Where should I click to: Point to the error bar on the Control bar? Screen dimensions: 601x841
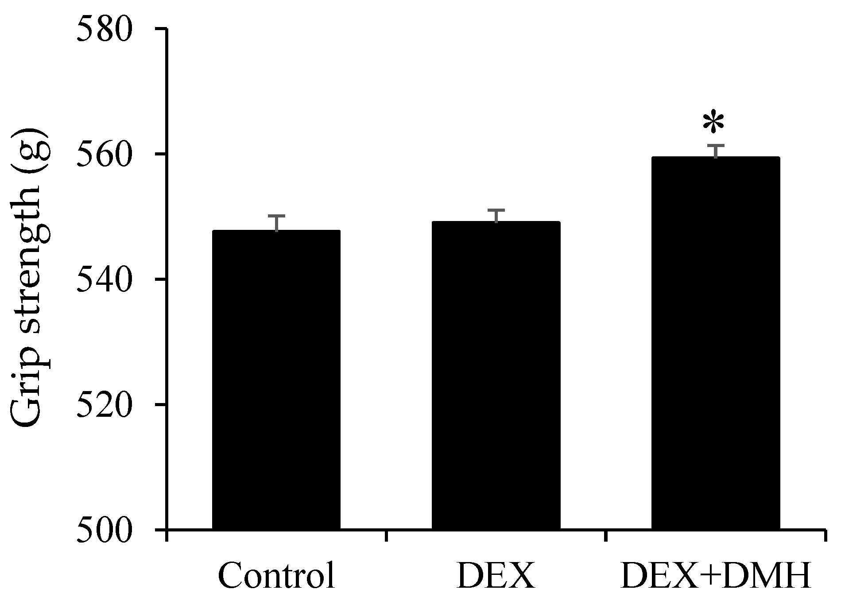pyautogui.click(x=277, y=223)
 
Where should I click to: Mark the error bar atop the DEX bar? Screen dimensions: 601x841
pyautogui.click(x=496, y=216)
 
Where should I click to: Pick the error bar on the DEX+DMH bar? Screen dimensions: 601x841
pyautogui.click(x=716, y=151)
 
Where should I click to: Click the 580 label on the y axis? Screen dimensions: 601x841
pyautogui.click(x=105, y=29)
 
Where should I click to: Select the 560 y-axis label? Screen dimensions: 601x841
pyautogui.click(x=105, y=155)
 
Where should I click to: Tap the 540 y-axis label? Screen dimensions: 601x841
pyautogui.click(x=105, y=279)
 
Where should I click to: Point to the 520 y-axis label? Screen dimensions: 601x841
pyautogui.click(x=105, y=404)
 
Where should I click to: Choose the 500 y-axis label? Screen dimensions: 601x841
pyautogui.click(x=105, y=530)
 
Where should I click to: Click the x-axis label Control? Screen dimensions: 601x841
pyautogui.click(x=276, y=576)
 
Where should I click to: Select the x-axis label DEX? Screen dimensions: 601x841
pyautogui.click(x=496, y=576)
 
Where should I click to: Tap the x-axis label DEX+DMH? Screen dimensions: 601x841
pyautogui.click(x=716, y=576)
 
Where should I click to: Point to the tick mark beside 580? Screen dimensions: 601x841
pyautogui.click(x=160, y=29)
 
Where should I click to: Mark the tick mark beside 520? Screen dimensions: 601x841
pyautogui.click(x=160, y=404)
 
